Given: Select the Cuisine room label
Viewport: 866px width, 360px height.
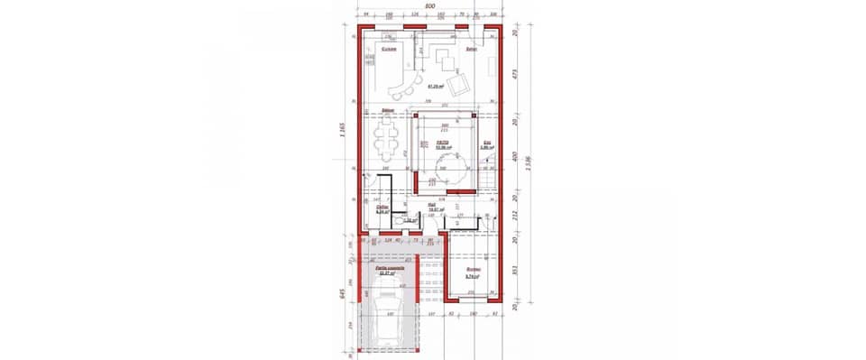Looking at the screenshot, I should click(x=388, y=49).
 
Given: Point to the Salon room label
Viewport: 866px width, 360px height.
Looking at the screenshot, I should click(x=470, y=49).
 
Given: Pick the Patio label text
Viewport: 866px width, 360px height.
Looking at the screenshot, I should click(x=443, y=142).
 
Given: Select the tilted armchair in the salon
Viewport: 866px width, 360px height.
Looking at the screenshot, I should click(x=459, y=85).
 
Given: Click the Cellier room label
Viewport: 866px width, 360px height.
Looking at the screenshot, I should click(x=382, y=208).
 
